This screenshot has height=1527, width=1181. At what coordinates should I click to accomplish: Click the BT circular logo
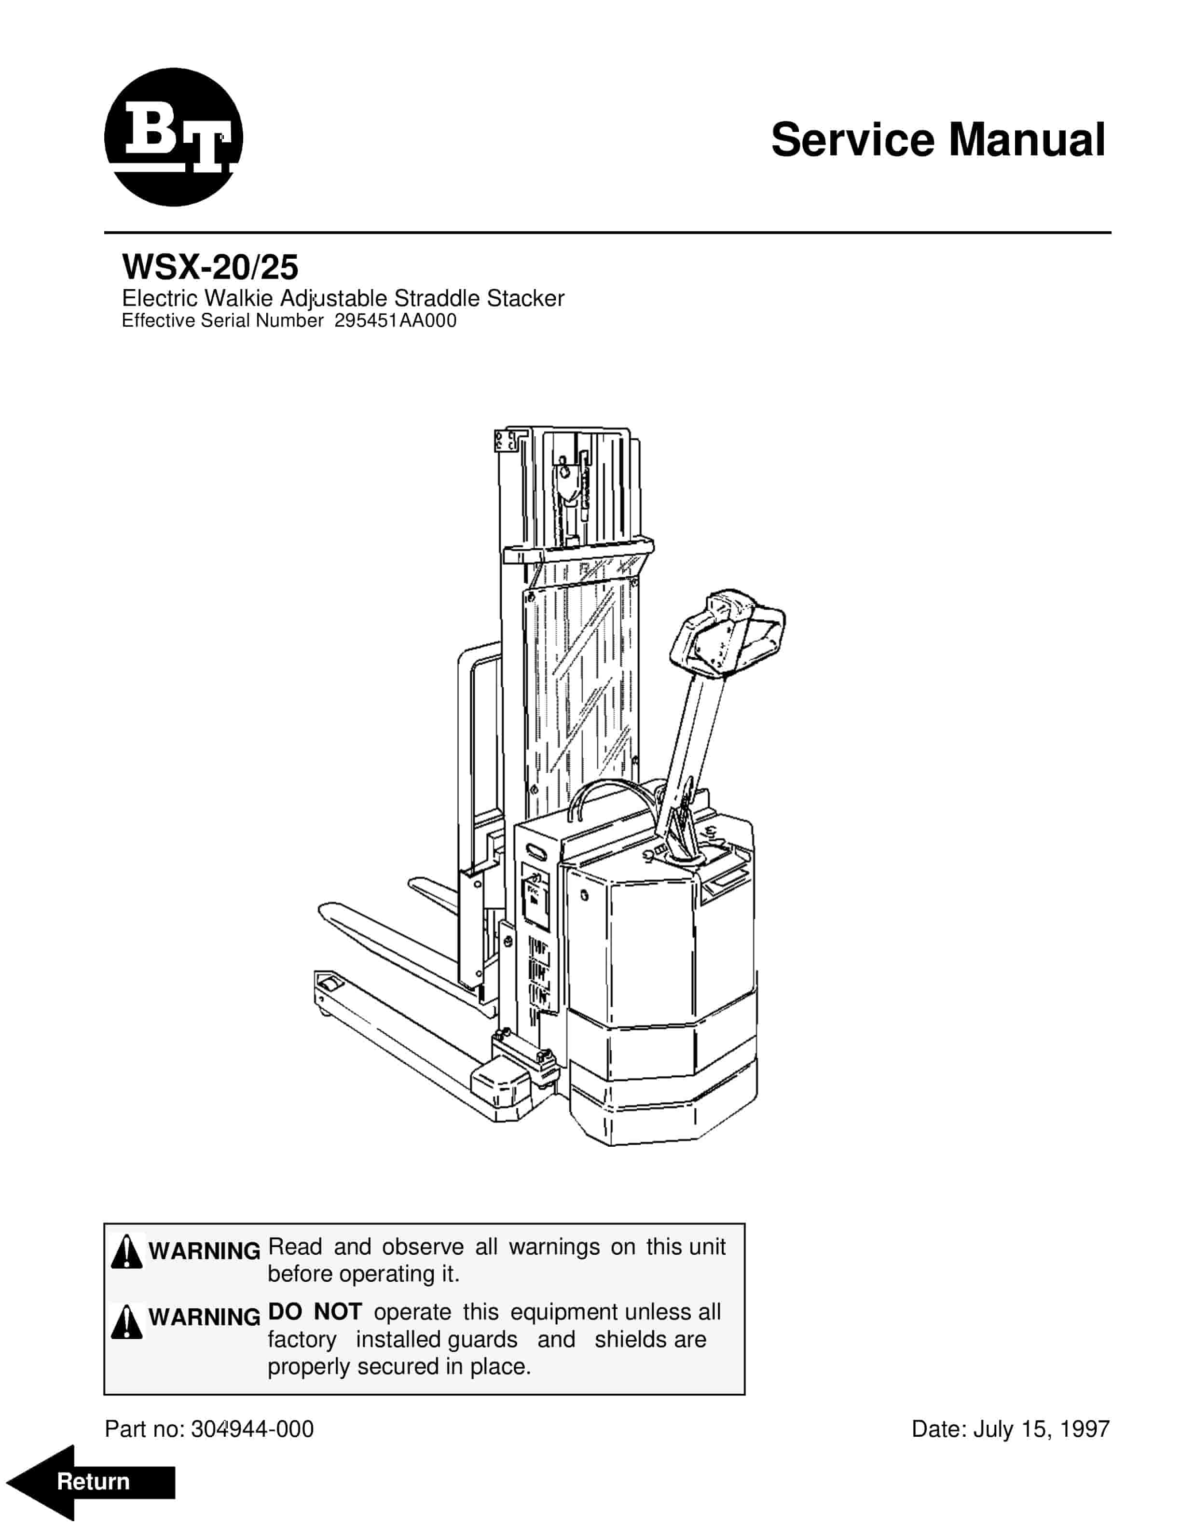tap(173, 138)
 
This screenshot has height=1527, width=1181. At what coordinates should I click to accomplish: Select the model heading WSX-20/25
tap(210, 267)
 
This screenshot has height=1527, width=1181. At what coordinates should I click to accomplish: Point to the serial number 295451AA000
tap(396, 321)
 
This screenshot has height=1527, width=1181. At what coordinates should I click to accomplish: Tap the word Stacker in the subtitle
tap(525, 299)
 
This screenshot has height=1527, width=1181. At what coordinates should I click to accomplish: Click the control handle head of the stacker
tap(727, 633)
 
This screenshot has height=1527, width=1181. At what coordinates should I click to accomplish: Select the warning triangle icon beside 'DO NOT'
tap(126, 1322)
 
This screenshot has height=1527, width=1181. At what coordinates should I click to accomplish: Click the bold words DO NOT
tap(315, 1312)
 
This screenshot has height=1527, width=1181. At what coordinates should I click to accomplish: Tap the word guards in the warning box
tap(482, 1340)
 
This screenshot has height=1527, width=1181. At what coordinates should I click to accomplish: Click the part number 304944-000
tap(252, 1429)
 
